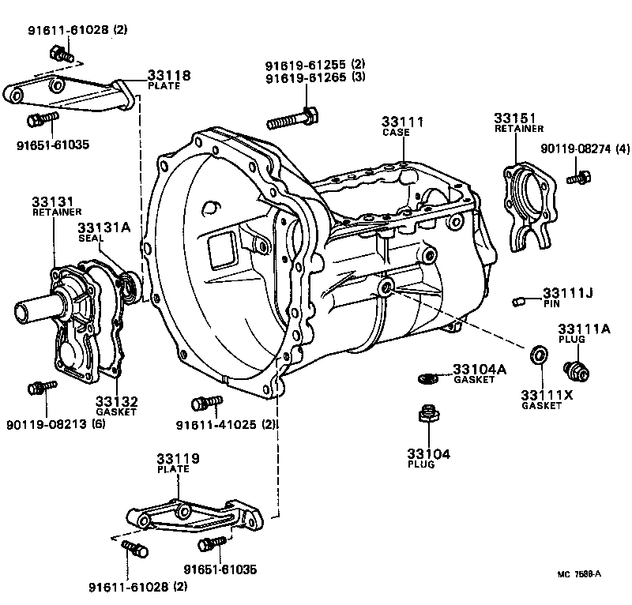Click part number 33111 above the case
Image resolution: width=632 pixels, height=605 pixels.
pos(402,122)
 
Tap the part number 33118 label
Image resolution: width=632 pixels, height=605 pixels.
pos(168,76)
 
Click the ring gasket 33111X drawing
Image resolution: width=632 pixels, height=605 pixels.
pos(538,355)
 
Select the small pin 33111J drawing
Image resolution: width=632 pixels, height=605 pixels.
pos(519,301)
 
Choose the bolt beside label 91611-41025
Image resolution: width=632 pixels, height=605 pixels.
pos(205,402)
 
